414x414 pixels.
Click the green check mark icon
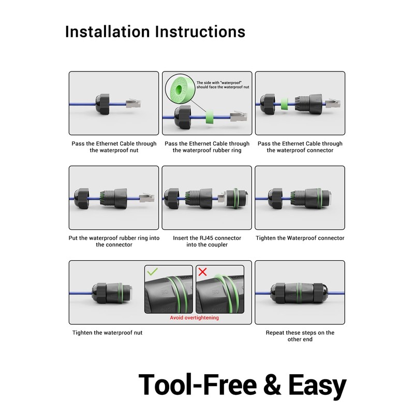point(153,272)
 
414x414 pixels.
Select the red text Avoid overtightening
point(194,318)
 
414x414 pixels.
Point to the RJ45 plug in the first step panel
point(133,103)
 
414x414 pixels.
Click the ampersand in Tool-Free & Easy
point(272,386)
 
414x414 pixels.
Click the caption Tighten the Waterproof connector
point(300,238)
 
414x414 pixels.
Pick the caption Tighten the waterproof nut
point(107,333)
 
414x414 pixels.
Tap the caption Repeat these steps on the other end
point(300,336)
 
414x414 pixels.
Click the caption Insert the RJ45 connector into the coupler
point(207,241)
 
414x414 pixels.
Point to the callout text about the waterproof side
point(223,85)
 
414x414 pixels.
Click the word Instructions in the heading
point(200,31)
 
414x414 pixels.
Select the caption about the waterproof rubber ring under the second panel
point(207,147)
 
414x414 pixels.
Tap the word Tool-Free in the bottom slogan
point(197,386)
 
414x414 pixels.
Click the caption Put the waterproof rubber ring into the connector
point(114,241)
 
